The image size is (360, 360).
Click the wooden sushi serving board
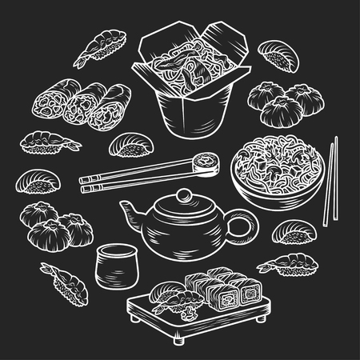point(192,320)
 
